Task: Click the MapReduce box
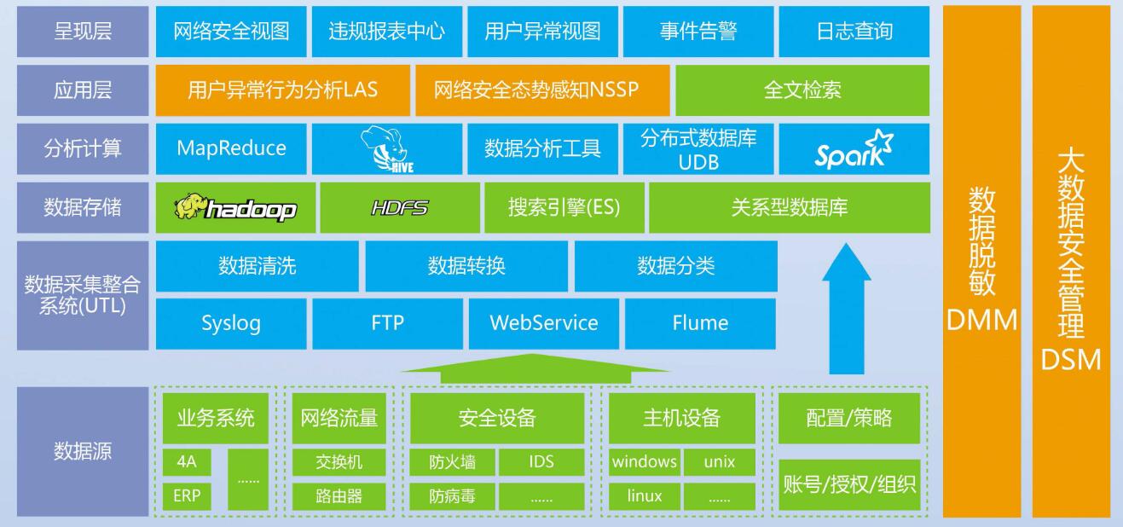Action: click(x=231, y=149)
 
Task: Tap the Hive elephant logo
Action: click(x=387, y=149)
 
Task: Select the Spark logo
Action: click(x=854, y=149)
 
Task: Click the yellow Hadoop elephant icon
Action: click(x=190, y=206)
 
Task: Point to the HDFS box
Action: click(x=400, y=207)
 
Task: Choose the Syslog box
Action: click(x=231, y=324)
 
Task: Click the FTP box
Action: click(x=387, y=324)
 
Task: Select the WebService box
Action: click(x=544, y=324)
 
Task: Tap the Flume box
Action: click(x=700, y=324)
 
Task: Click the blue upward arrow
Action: click(x=847, y=309)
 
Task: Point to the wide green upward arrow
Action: click(x=535, y=369)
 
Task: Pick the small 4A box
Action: click(x=187, y=462)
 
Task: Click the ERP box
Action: click(x=187, y=496)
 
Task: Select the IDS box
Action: click(x=541, y=462)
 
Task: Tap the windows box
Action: click(x=645, y=462)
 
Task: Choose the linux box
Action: click(x=645, y=496)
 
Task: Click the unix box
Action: click(x=720, y=462)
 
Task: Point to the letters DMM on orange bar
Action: click(x=981, y=320)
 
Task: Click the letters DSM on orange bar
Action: click(x=1071, y=360)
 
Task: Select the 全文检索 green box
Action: click(x=802, y=90)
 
